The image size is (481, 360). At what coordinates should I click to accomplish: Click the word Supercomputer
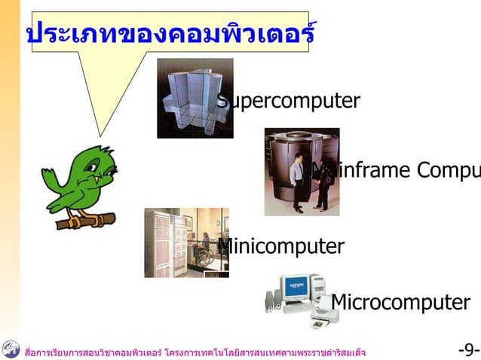pos(288,101)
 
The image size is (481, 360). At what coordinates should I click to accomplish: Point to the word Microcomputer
pos(400,302)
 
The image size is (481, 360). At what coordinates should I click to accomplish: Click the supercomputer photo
pos(195,98)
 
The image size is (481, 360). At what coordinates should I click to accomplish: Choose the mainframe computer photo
pos(302,172)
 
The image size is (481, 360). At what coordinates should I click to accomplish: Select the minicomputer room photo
pos(186,243)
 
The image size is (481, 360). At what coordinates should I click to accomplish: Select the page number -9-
pos(468,350)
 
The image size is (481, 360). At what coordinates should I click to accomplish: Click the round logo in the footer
pos(11,349)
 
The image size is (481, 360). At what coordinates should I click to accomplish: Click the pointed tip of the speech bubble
pos(98,134)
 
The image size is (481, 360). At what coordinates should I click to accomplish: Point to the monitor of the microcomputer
pos(296,288)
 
